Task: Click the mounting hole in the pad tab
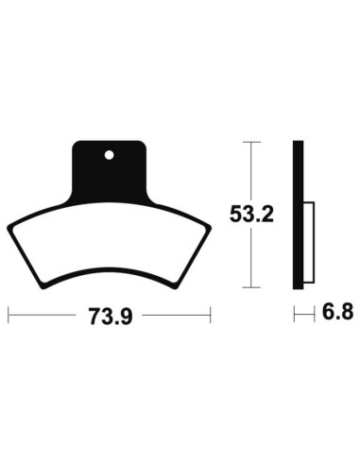click(109, 152)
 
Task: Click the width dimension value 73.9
click(109, 316)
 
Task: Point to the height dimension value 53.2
click(249, 215)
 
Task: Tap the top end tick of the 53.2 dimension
click(249, 142)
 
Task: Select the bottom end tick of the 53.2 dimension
click(249, 287)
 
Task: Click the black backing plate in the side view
click(299, 215)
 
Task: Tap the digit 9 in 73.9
click(123, 316)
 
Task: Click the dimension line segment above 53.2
click(249, 170)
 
